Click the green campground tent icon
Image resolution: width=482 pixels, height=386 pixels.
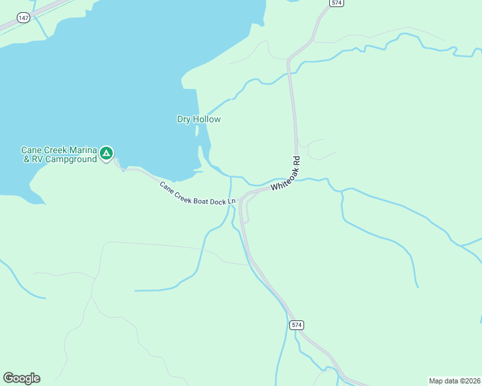(106, 154)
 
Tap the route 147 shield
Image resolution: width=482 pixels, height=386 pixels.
(24, 18)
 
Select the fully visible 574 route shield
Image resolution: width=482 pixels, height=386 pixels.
(296, 325)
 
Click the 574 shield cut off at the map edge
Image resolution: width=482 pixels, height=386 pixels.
(336, 3)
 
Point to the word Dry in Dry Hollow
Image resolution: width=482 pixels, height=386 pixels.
(186, 119)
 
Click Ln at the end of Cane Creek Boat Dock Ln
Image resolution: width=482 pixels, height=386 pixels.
(233, 202)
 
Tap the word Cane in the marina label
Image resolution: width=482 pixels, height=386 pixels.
(32, 150)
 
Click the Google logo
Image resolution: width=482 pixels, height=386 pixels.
(21, 378)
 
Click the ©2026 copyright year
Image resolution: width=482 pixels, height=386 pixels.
(468, 380)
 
